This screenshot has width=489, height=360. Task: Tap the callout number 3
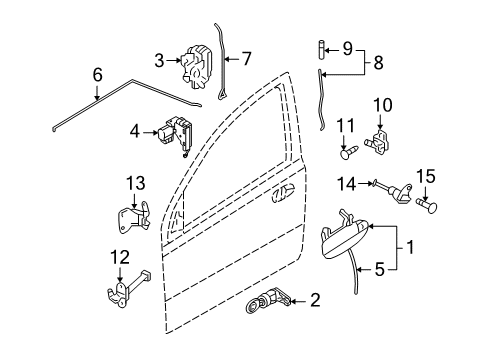(159, 62)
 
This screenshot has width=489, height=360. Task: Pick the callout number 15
(425, 176)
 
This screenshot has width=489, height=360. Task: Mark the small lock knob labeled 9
(321, 47)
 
